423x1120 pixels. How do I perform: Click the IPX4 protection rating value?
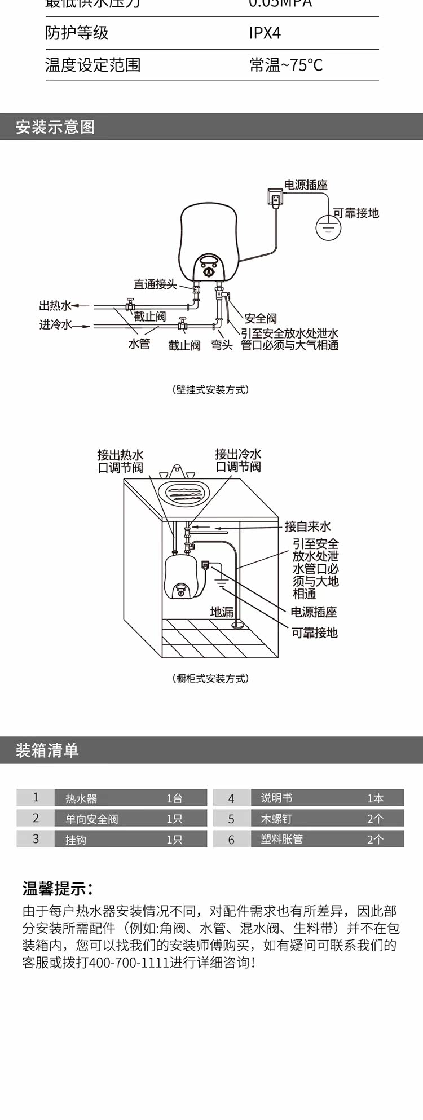[x=265, y=33]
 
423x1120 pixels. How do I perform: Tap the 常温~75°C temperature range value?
[x=286, y=65]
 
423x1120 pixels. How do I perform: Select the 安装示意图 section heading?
[x=55, y=127]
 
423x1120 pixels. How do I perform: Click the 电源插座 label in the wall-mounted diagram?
[x=305, y=185]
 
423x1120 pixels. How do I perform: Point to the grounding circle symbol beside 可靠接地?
[x=328, y=226]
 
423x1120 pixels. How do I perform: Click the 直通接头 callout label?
[x=155, y=284]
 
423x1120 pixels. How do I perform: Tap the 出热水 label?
[x=55, y=306]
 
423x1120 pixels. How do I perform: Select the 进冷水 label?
[x=55, y=325]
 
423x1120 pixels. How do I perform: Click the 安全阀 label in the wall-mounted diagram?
[x=260, y=318]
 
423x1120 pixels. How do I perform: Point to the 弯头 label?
[x=222, y=345]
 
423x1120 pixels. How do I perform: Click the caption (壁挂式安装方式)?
[x=211, y=390]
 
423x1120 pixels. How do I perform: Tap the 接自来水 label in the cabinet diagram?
[x=307, y=526]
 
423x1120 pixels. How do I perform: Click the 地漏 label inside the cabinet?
[x=222, y=612]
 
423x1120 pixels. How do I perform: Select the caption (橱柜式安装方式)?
[x=211, y=678]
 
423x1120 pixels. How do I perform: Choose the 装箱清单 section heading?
[x=47, y=750]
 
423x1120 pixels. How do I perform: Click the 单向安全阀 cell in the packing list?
[x=91, y=819]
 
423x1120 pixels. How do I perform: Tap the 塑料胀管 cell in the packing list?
[x=282, y=839]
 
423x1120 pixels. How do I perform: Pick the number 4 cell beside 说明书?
[x=231, y=798]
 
